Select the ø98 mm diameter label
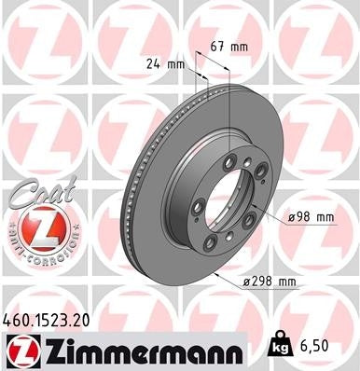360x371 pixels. click(312, 216)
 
